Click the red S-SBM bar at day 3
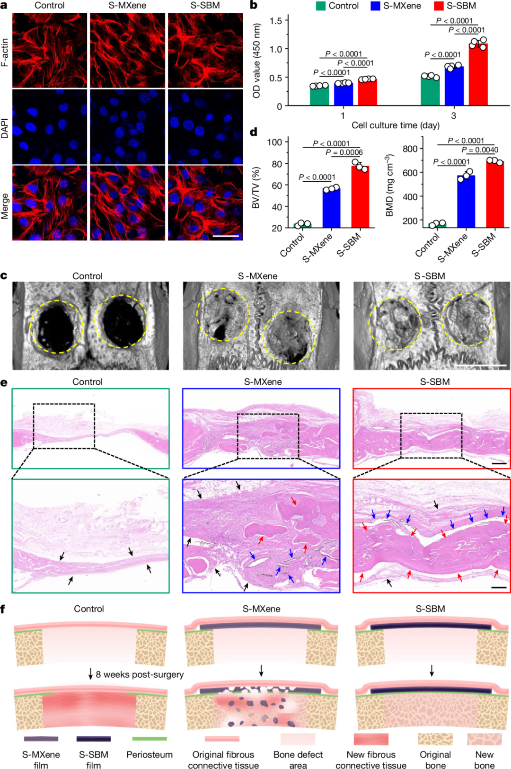478,75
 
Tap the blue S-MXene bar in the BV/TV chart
331,208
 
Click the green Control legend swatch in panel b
321,6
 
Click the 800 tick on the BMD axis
410,149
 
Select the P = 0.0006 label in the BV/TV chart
344,152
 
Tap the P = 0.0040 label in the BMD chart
480,150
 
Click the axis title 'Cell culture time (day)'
395,125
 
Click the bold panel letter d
254,132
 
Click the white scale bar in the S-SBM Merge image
226,235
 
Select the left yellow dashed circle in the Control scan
56,327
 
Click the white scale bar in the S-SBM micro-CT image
483,365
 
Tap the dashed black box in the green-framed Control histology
64,426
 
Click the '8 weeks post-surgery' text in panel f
140,674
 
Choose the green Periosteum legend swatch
150,739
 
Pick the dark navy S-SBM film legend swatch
93,739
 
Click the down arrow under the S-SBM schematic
431,671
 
